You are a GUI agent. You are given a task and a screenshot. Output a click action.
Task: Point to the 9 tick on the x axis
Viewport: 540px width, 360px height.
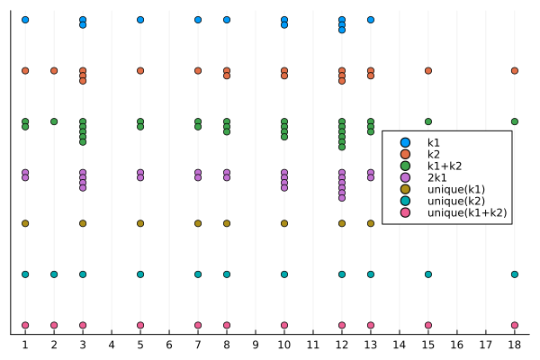256,344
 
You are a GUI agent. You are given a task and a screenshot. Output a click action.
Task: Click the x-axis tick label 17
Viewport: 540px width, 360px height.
486,344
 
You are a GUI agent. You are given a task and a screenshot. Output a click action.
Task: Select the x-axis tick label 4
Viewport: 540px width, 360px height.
112,344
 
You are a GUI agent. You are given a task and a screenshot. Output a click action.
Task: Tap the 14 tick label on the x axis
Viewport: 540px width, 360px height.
400,344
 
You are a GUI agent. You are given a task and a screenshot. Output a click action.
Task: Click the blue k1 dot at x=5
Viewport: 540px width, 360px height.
140,19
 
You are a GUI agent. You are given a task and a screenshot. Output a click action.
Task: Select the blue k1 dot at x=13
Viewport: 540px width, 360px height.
371,19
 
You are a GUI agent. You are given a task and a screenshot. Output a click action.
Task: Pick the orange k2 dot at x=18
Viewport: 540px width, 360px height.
515,70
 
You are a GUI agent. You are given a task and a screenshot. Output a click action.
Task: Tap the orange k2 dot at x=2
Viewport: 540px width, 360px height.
54,70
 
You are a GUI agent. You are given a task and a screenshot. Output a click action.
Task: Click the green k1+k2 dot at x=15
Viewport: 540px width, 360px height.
428,121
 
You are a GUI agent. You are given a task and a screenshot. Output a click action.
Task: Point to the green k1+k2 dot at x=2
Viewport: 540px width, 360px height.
54,121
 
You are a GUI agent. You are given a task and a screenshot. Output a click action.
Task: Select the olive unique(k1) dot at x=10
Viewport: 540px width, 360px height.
284,223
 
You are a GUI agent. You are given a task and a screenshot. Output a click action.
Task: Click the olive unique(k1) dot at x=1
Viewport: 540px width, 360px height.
25,223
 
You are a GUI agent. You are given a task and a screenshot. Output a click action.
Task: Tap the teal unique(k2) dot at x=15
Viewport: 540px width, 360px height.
428,274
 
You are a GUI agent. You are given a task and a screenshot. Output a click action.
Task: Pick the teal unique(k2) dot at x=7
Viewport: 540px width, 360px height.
198,274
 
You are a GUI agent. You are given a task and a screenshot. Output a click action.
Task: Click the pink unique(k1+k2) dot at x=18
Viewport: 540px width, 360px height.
515,325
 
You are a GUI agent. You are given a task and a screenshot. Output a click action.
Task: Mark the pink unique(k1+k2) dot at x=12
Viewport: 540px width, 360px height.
342,325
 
